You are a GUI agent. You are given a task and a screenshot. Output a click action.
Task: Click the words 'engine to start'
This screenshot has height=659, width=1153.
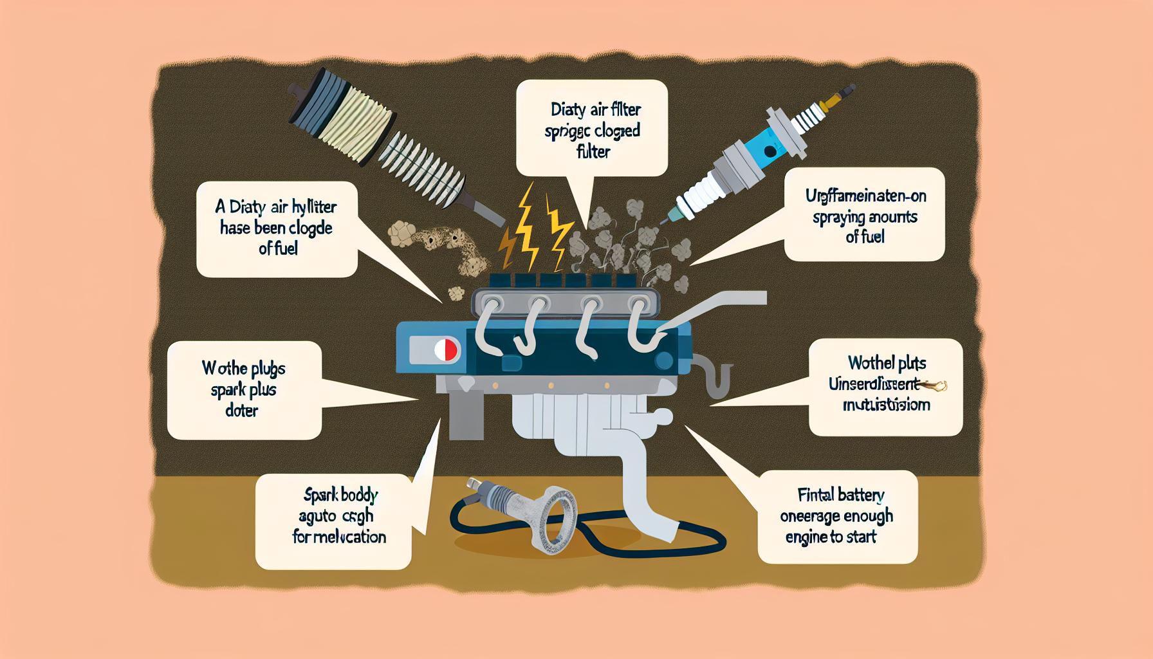click(x=831, y=536)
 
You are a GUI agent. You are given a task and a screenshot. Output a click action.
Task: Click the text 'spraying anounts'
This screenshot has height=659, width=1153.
click(x=864, y=217)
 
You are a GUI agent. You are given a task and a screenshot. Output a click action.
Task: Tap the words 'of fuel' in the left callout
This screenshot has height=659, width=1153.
click(x=278, y=248)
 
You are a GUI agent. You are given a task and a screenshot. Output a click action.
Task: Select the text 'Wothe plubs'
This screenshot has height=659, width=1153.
click(x=243, y=369)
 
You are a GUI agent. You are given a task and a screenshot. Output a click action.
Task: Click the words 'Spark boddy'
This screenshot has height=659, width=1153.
click(x=340, y=496)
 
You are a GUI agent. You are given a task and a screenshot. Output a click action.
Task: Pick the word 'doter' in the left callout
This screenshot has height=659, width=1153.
click(x=242, y=410)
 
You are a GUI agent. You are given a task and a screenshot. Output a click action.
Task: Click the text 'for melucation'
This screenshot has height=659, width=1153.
click(x=339, y=537)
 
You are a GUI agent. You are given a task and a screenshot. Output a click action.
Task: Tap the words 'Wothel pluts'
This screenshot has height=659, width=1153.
click(x=886, y=364)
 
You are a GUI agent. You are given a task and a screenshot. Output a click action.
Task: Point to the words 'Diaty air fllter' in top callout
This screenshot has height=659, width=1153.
click(x=592, y=110)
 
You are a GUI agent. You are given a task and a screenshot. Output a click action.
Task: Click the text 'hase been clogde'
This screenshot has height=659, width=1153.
click(x=276, y=228)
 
